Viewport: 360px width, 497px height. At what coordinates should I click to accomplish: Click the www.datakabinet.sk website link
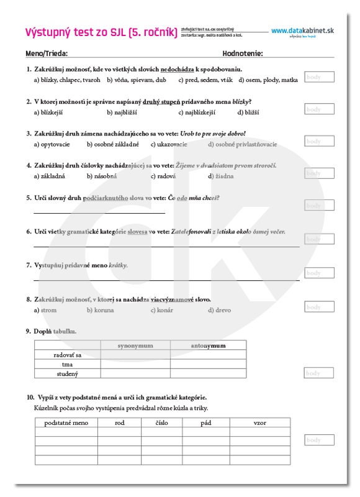[x=302, y=30]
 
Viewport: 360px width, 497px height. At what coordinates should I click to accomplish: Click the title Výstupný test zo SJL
[x=101, y=32]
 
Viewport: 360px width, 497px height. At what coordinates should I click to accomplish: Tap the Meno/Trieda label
[x=47, y=53]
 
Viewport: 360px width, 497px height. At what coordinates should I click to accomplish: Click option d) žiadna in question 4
[x=221, y=176]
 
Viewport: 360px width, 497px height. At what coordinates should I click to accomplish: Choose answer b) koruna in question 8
[x=101, y=310]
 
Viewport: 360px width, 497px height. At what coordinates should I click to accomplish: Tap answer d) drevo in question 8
[x=220, y=310]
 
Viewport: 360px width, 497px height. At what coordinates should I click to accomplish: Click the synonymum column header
[x=135, y=345]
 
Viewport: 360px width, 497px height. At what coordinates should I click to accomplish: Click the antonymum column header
[x=208, y=345]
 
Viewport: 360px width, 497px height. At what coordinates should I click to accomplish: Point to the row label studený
[x=67, y=374]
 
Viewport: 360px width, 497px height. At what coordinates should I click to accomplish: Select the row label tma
[x=67, y=364]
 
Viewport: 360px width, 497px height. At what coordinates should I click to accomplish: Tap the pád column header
[x=206, y=422]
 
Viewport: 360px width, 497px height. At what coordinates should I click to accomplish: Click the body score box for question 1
[x=319, y=77]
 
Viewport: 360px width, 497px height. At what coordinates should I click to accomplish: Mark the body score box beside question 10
[x=319, y=440]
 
